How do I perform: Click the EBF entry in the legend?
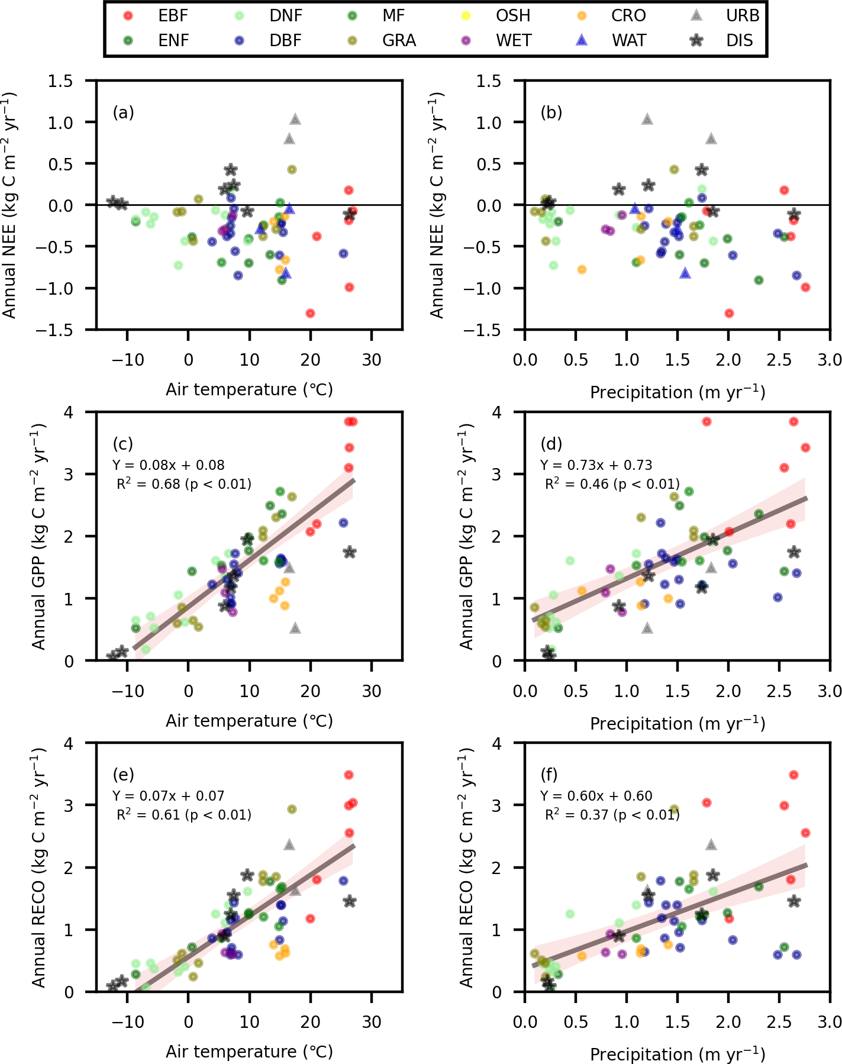[160, 15]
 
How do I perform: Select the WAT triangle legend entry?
[615, 40]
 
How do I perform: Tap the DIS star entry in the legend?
[727, 40]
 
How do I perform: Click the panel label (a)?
[124, 112]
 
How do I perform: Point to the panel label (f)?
[551, 774]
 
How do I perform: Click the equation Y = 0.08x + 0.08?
[168, 465]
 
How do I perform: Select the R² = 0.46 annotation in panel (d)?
[612, 484]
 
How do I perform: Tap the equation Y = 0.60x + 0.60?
[596, 796]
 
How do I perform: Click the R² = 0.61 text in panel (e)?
[184, 815]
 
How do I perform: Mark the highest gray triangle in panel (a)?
[295, 120]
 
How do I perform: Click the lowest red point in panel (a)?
[310, 313]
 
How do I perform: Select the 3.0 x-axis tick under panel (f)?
[830, 1021]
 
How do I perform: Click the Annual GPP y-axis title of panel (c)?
[39, 536]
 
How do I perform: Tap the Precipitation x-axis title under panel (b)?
[678, 392]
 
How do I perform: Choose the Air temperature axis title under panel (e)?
[249, 1052]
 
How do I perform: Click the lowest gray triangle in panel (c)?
[295, 628]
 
